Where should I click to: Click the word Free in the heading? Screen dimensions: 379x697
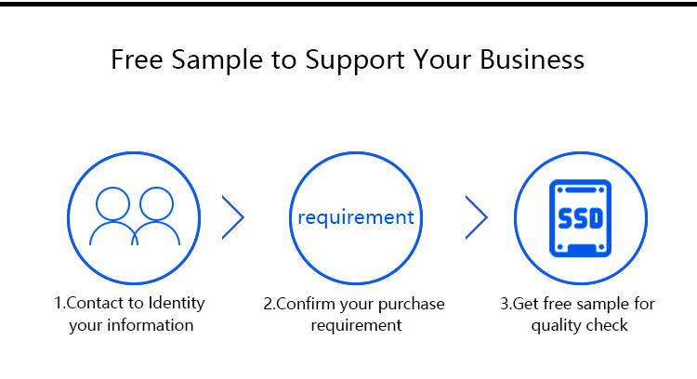coord(135,59)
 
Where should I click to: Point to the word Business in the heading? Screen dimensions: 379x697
coord(533,59)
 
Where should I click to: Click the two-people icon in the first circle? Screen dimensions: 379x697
coord(134,217)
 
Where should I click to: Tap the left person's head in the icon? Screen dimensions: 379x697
coord(112,203)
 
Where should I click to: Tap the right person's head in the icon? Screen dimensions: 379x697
coord(154,203)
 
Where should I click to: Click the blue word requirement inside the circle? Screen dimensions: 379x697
coord(356,217)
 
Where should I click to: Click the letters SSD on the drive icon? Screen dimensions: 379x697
coord(581,219)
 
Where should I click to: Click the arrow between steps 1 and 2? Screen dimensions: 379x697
coord(233,217)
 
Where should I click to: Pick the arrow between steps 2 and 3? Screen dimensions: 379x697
coord(477,217)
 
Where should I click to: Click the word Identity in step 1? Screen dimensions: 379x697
coord(177,304)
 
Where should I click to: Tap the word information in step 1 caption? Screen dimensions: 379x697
coord(151,325)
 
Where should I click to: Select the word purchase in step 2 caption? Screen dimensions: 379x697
coord(412,305)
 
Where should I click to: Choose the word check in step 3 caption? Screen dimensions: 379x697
coord(608,325)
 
